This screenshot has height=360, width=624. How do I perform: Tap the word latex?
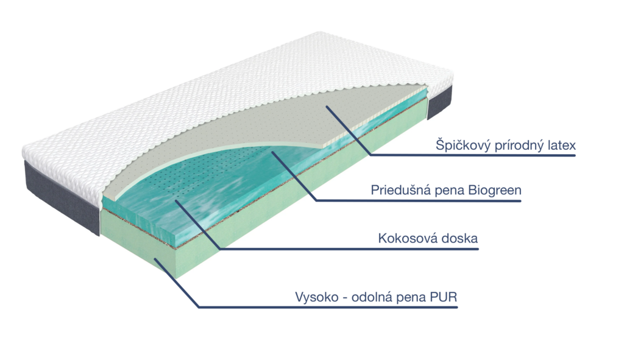(560, 145)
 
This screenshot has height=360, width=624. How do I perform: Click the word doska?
(458, 238)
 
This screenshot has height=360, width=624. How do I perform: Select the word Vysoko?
(317, 297)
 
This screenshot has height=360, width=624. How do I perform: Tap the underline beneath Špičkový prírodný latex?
(473, 155)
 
